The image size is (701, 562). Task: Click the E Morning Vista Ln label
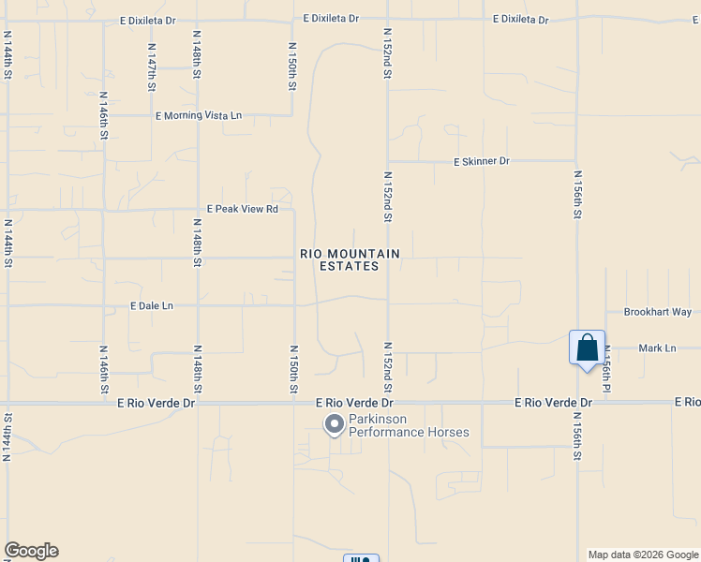pyautogui.click(x=198, y=116)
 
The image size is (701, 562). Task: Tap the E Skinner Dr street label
pyautogui.click(x=481, y=162)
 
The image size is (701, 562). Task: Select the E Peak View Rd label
pyautogui.click(x=243, y=210)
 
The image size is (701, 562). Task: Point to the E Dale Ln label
pyautogui.click(x=152, y=306)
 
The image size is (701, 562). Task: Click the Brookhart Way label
pyautogui.click(x=657, y=312)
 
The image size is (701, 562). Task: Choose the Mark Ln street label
pyautogui.click(x=656, y=348)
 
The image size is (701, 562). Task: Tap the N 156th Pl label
pyautogui.click(x=606, y=368)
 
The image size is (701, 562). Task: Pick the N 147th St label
pyautogui.click(x=151, y=66)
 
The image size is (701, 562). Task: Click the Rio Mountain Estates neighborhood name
pyautogui.click(x=350, y=260)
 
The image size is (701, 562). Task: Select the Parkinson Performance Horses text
pyautogui.click(x=409, y=426)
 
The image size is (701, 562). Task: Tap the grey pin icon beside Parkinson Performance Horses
pyautogui.click(x=334, y=425)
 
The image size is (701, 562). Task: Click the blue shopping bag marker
pyautogui.click(x=587, y=348)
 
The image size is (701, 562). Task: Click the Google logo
pyautogui.click(x=31, y=551)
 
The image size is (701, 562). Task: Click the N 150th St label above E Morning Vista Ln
pyautogui.click(x=292, y=66)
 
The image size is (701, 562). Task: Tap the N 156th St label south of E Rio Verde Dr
pyautogui.click(x=577, y=440)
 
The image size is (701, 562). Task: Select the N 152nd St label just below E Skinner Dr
pyautogui.click(x=387, y=197)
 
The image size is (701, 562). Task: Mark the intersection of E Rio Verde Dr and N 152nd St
pyautogui.click(x=388, y=404)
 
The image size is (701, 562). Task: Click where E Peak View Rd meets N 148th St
pyautogui.click(x=198, y=210)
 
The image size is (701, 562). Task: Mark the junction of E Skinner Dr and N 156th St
pyautogui.click(x=577, y=161)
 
